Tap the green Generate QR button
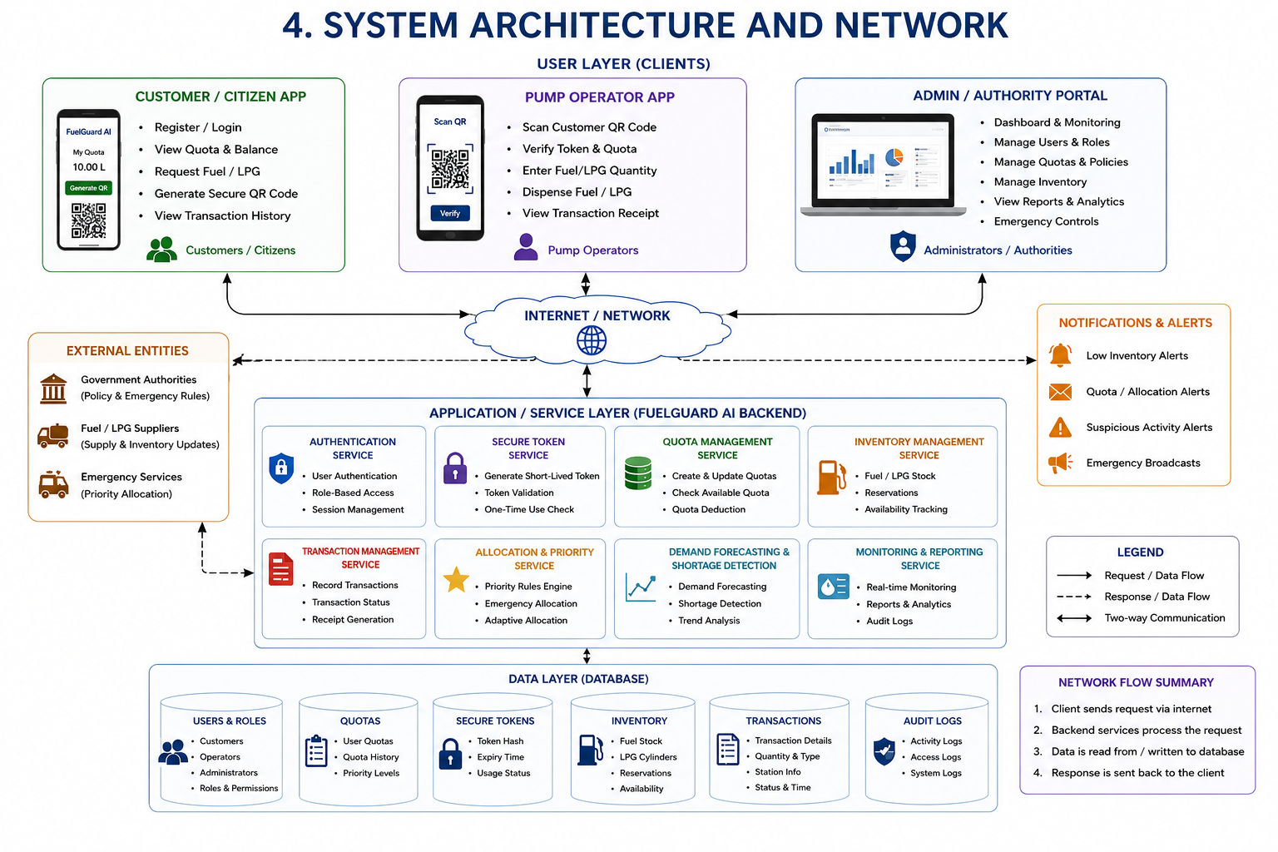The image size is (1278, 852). click(88, 188)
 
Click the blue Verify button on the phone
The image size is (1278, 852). click(450, 214)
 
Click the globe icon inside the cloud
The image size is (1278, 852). click(591, 340)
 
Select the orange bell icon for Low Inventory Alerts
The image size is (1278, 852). click(1060, 355)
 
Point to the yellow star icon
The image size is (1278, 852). click(456, 580)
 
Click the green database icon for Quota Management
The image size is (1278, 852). click(638, 473)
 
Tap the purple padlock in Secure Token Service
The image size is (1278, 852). click(455, 468)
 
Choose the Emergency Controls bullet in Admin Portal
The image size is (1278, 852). click(1046, 221)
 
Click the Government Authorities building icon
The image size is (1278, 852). click(53, 389)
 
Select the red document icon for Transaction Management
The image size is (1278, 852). click(280, 569)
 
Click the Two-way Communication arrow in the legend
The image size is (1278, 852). click(1074, 618)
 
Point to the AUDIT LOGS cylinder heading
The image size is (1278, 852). click(932, 721)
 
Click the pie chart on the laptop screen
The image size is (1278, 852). click(894, 156)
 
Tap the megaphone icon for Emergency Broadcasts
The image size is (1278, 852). click(1060, 463)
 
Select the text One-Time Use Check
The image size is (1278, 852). click(529, 509)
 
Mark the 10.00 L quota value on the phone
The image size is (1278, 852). click(88, 167)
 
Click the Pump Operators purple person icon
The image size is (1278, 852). click(526, 247)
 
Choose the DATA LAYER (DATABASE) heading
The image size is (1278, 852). click(578, 678)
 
